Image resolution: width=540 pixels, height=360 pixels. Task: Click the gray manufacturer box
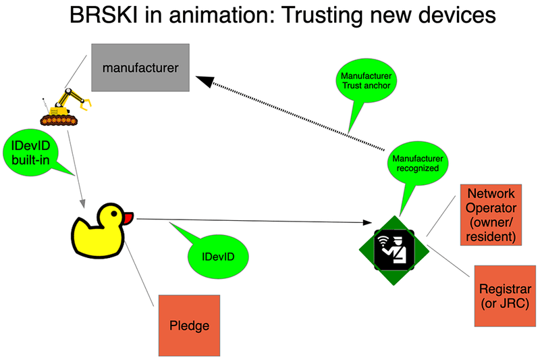point(140,68)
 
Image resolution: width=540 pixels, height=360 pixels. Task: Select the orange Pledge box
point(189,326)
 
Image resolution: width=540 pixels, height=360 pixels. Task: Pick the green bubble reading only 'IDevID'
point(218,257)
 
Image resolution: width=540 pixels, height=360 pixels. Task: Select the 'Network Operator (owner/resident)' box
point(490,215)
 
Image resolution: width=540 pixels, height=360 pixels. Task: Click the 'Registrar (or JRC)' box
point(504,296)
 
